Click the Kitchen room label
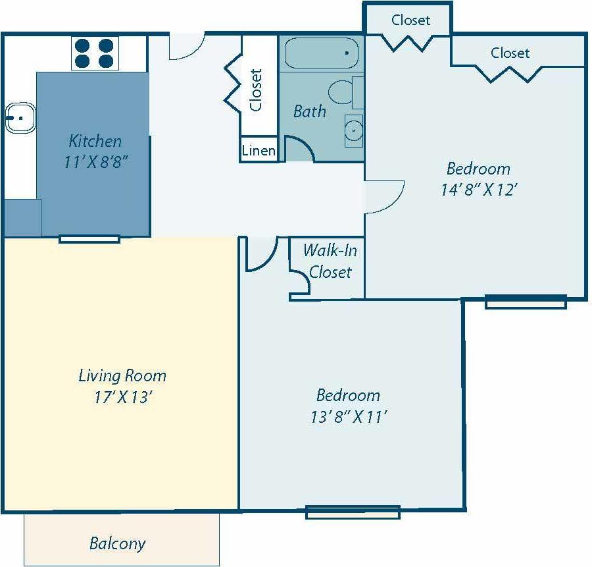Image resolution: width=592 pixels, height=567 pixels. (95, 141)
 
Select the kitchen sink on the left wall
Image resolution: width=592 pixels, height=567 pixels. (20, 119)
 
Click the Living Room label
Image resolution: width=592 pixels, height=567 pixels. (122, 376)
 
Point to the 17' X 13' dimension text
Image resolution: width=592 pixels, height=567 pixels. (122, 398)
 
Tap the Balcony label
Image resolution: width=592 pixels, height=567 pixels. (117, 544)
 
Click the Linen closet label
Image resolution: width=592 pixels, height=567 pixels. (259, 151)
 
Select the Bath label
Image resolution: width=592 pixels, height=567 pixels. (309, 111)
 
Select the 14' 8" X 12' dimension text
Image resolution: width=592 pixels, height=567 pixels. (478, 190)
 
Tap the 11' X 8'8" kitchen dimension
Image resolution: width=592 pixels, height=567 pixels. (95, 163)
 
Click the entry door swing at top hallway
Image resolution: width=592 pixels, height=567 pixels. (186, 47)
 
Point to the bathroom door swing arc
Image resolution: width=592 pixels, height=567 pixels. (299, 149)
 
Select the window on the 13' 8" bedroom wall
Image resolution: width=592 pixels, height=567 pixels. (353, 512)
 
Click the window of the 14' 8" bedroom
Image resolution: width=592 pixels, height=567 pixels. (526, 302)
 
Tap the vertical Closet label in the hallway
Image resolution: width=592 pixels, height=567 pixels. (256, 90)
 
